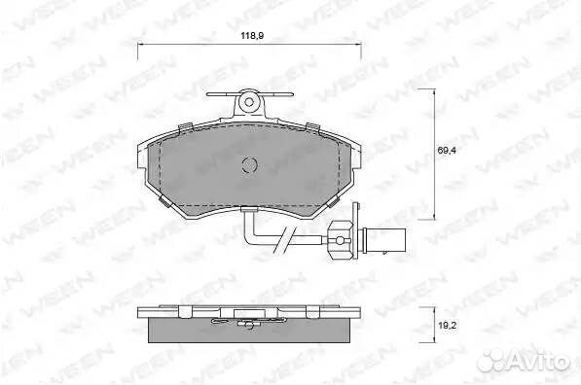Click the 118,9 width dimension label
(x=252, y=36)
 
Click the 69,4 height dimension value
(x=447, y=151)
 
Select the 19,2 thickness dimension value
(x=447, y=326)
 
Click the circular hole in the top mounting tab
(x=249, y=101)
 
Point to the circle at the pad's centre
(x=249, y=164)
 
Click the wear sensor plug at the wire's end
(x=385, y=241)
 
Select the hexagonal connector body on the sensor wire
(x=341, y=241)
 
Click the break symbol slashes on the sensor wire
(x=283, y=239)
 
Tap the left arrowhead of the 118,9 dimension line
(x=140, y=45)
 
